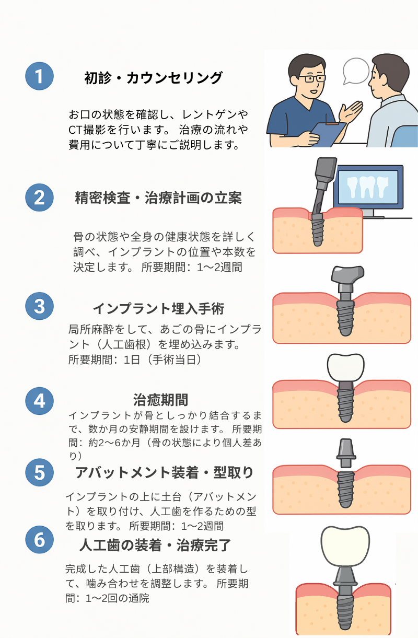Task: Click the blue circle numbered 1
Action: pos(40,76)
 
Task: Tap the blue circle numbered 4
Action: pos(40,401)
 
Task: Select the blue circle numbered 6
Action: pos(40,540)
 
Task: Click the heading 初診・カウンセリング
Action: pos(154,78)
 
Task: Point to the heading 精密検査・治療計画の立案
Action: pos(158,199)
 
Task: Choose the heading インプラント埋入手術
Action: pos(158,308)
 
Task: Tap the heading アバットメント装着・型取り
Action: pos(164,472)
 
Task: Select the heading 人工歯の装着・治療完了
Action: pos(155,545)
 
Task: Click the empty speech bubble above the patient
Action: pos(355,70)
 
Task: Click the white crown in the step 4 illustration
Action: pos(345,368)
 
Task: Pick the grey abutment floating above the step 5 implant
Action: pos(345,453)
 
